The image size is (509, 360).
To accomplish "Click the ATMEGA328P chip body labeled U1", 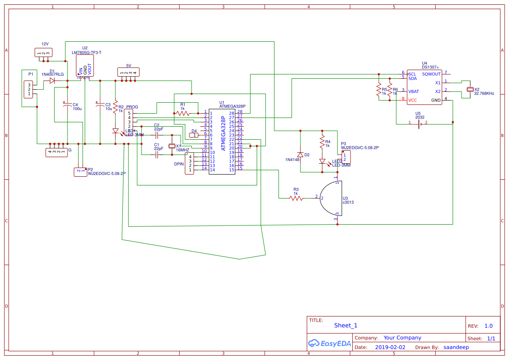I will click(222, 141).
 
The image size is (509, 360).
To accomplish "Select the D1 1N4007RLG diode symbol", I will click(52, 81).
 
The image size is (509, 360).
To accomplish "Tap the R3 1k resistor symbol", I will click(296, 198).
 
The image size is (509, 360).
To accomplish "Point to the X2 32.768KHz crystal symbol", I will click(470, 89).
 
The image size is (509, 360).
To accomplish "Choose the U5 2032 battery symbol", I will click(419, 124).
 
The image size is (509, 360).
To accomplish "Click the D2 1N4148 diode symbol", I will click(300, 155).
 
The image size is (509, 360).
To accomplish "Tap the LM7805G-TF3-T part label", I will click(87, 53).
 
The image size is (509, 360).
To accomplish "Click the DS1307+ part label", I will click(430, 67).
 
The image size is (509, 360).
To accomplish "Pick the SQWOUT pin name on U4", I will click(431, 74).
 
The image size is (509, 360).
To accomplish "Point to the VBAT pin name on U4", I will click(414, 91).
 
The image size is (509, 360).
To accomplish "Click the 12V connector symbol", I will click(44, 53).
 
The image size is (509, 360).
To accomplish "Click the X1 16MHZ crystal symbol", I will click(172, 146).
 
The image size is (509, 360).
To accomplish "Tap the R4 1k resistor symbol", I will click(322, 142).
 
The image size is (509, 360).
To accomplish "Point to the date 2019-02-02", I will click(390, 347).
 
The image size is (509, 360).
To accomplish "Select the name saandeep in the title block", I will click(456, 347).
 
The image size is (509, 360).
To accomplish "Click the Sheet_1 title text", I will click(346, 325).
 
